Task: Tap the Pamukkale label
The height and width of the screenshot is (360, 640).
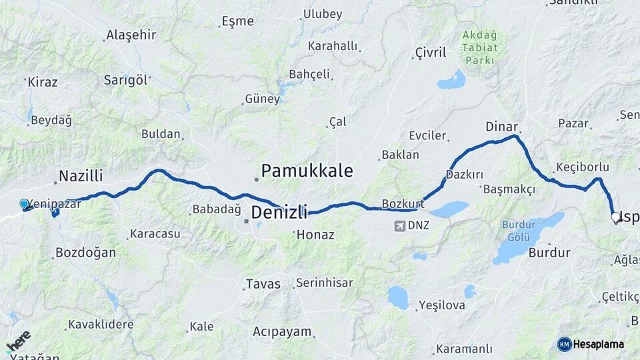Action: (x=307, y=171)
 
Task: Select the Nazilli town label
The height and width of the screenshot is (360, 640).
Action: (x=81, y=176)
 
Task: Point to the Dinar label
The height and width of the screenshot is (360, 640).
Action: (x=502, y=126)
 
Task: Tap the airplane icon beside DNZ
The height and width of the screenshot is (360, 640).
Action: (x=399, y=225)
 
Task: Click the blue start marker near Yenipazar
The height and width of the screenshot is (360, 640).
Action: (x=25, y=204)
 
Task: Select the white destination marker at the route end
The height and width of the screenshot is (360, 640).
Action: (x=616, y=217)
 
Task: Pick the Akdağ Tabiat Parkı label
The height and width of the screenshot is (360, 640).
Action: (x=480, y=47)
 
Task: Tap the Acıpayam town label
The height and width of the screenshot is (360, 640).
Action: (x=282, y=331)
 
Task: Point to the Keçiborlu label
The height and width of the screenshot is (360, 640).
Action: (x=581, y=167)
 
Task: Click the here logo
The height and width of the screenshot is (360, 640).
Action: (x=19, y=341)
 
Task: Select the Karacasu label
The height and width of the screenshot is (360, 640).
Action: (x=155, y=234)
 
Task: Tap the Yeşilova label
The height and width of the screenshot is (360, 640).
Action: (x=441, y=306)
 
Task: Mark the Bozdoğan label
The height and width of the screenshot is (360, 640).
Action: (x=85, y=253)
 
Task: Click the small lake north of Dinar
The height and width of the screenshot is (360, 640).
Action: (x=452, y=81)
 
